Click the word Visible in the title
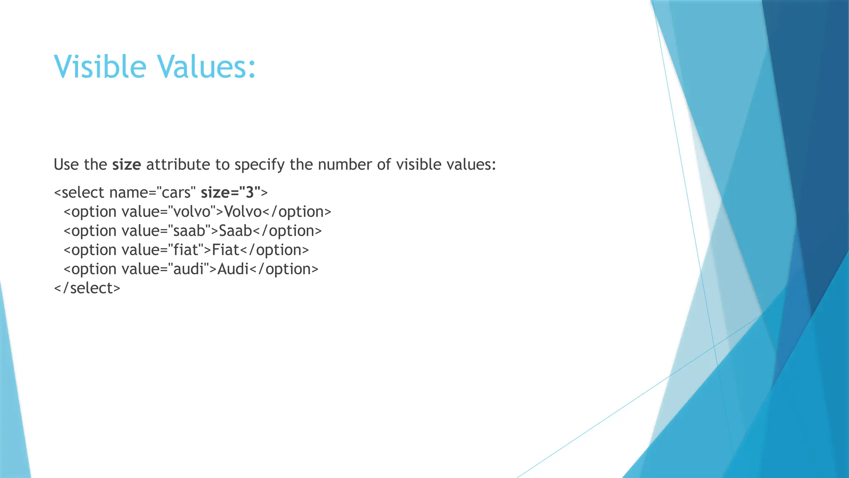point(100,66)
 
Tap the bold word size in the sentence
point(126,165)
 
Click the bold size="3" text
point(230,193)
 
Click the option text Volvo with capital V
point(243,212)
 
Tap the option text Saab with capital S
point(235,231)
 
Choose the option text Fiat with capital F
point(226,250)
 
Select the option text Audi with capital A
point(233,269)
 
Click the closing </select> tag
point(87,288)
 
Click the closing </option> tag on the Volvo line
point(297,212)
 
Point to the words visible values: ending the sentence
point(446,165)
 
